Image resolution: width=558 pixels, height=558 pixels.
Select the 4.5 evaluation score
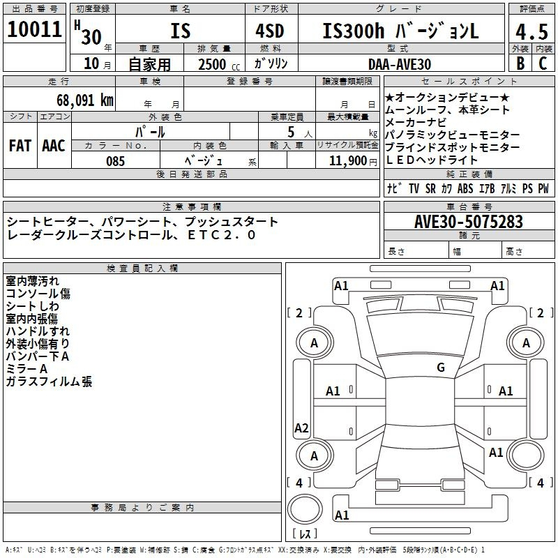[531, 32]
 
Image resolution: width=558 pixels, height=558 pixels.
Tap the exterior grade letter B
[520, 63]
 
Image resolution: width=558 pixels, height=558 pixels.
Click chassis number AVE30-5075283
[469, 222]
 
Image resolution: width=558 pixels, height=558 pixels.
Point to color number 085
[116, 160]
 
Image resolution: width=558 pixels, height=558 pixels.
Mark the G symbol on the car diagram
[440, 368]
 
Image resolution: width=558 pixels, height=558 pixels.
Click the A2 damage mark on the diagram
[301, 428]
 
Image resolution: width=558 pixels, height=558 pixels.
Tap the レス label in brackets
[305, 534]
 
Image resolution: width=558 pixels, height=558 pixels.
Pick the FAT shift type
[20, 145]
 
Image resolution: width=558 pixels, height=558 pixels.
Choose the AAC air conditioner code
[54, 145]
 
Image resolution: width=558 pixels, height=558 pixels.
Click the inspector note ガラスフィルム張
[49, 382]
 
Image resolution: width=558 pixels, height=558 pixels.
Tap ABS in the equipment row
[465, 189]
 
